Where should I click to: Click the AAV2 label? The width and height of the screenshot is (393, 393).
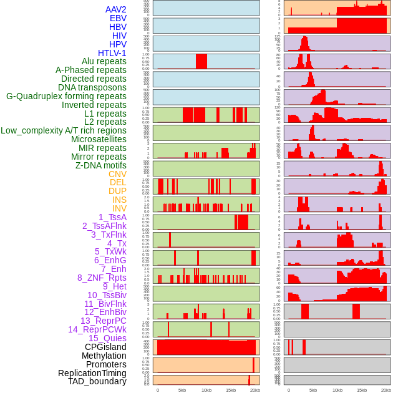coord(115,9)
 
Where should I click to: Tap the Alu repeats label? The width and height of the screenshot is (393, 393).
coord(104,61)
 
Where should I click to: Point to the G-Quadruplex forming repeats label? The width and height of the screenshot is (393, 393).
coord(66,96)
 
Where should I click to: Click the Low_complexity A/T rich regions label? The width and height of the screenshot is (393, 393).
coord(63,130)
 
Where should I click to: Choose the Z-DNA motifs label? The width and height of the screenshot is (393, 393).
coord(101,165)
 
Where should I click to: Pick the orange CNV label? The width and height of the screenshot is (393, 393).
coord(117,174)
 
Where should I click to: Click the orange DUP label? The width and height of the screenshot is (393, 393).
coord(117,191)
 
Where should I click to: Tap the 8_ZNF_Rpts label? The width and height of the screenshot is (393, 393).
coord(102,278)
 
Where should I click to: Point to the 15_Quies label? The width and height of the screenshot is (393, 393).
coord(107,338)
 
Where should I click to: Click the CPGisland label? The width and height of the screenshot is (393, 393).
coord(105,347)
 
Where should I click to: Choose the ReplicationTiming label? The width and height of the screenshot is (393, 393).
coord(92,373)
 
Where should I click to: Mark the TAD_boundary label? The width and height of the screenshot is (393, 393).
coord(97,381)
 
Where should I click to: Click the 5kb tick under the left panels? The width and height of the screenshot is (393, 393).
coord(182,389)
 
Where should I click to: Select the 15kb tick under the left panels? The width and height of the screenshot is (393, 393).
coord(230,389)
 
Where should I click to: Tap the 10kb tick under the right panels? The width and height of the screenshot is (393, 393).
coord(337,389)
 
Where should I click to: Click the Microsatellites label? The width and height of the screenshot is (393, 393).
coord(99,139)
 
